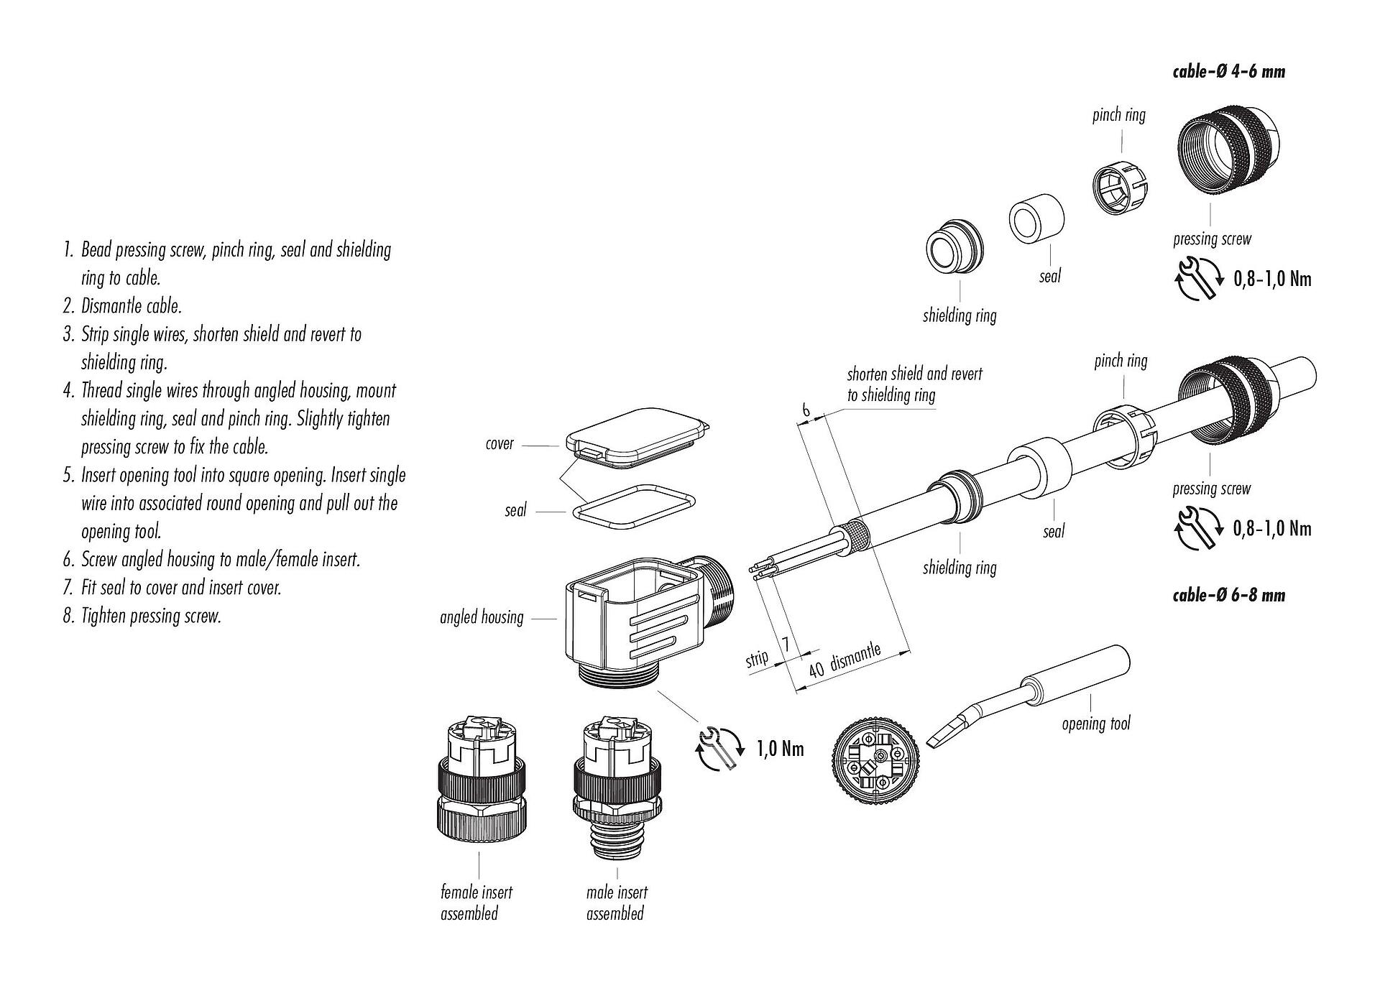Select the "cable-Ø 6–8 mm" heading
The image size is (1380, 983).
[1228, 595]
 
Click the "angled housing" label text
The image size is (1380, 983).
[482, 617]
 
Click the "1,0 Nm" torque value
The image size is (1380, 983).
[780, 749]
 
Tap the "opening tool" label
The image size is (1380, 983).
[1095, 723]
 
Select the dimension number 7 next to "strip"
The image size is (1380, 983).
[786, 645]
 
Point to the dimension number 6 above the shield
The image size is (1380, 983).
[806, 410]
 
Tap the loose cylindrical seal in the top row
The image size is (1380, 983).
[1036, 217]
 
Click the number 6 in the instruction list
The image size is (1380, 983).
[69, 560]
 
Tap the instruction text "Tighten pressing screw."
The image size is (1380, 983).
[151, 616]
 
